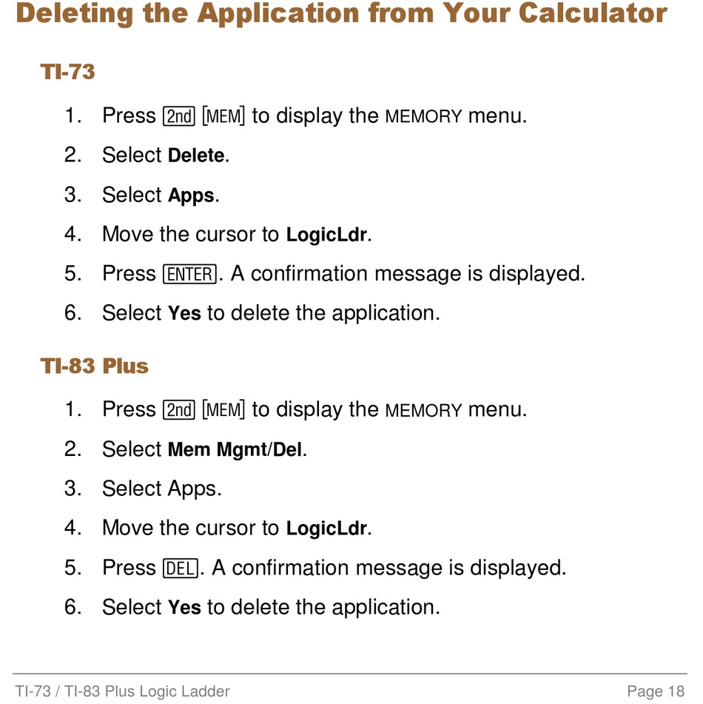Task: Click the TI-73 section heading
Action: click(x=68, y=72)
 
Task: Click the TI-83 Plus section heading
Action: click(x=94, y=366)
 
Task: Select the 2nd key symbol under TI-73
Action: click(x=178, y=116)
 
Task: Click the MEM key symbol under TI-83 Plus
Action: click(x=223, y=410)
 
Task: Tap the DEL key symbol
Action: click(x=180, y=569)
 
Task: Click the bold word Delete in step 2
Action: click(x=196, y=155)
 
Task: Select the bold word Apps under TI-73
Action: click(x=191, y=195)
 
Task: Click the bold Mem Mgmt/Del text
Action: click(x=235, y=450)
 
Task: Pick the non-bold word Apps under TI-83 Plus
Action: click(x=192, y=489)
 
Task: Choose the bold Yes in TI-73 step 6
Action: click(x=184, y=313)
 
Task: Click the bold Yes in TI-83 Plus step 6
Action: click(x=184, y=608)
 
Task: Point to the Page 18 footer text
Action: click(x=656, y=691)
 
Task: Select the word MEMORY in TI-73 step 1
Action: click(x=423, y=117)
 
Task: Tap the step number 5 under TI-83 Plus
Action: click(x=73, y=568)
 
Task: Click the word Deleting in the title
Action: click(x=75, y=13)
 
